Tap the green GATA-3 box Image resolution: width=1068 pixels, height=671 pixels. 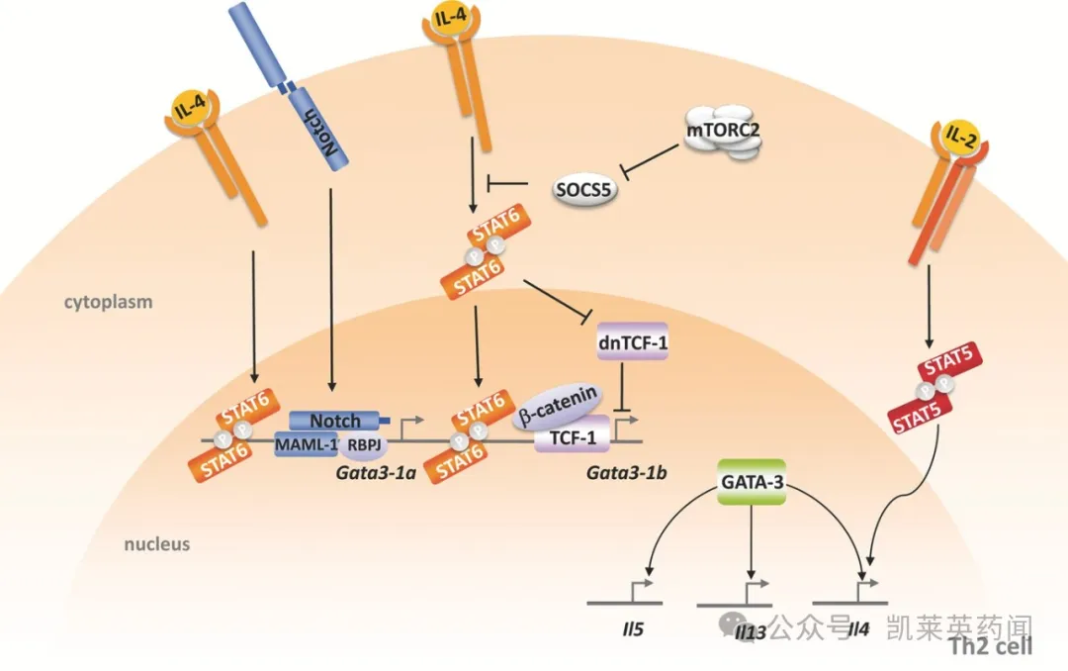[752, 483]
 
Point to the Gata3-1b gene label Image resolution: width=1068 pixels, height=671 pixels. [626, 472]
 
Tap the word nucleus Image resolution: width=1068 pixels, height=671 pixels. [157, 544]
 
